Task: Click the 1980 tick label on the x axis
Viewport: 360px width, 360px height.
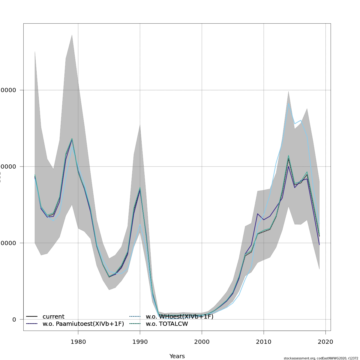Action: (78, 342)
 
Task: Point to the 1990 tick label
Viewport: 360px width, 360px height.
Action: (140, 342)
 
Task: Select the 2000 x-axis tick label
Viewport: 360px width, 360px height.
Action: (202, 342)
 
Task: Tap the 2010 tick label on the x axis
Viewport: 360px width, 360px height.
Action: (263, 342)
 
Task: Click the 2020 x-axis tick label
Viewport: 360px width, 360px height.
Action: (325, 342)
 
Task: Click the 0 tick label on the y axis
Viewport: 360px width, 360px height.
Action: (14, 319)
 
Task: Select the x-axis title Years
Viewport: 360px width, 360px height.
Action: (177, 356)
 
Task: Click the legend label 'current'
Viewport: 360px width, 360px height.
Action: (53, 317)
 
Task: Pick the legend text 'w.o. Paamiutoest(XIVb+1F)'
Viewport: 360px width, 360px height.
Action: (83, 324)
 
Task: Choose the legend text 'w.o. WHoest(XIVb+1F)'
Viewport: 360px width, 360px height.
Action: (179, 317)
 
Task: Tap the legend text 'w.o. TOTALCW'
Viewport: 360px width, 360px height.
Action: (167, 324)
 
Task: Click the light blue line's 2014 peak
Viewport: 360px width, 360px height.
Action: (288, 103)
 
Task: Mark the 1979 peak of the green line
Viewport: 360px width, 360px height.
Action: (72, 138)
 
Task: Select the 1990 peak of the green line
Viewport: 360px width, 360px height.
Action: (140, 187)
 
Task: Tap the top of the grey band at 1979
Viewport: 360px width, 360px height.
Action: (72, 35)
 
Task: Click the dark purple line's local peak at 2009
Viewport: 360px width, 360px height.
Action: (257, 214)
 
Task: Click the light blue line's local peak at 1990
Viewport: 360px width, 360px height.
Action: (140, 224)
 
